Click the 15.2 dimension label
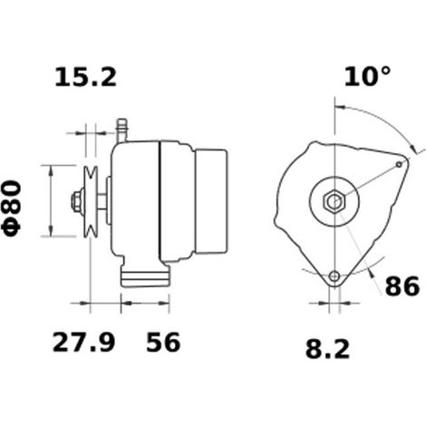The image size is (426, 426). click(85, 77)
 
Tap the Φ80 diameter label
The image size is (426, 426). click(12, 208)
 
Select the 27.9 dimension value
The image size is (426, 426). click(83, 343)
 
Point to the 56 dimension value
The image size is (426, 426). click(163, 343)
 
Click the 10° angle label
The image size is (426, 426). click(367, 76)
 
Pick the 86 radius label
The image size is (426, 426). click(402, 286)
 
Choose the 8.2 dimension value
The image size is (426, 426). click(327, 348)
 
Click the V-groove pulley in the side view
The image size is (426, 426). click(91, 201)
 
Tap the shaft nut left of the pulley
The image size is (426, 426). click(78, 201)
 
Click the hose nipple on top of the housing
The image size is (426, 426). click(121, 131)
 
